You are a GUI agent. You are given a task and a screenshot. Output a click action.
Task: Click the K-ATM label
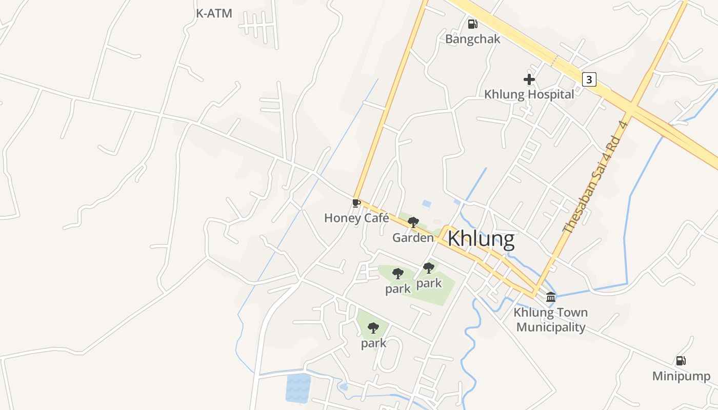214,14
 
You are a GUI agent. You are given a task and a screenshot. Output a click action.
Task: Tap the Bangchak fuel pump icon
472,24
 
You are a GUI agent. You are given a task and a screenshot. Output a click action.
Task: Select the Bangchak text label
472,39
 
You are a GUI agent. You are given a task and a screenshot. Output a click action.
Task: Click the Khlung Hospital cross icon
529,79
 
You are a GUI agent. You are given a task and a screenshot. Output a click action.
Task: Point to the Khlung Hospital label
529,94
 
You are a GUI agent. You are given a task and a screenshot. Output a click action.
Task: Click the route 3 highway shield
589,79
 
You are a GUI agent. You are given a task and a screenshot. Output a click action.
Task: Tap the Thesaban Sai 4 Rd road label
595,177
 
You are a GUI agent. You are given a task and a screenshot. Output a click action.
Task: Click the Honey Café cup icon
356,203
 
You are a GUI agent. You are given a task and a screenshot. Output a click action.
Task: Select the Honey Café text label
356,218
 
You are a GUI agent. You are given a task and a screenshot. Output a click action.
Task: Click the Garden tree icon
413,222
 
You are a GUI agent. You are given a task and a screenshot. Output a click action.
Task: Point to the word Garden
413,238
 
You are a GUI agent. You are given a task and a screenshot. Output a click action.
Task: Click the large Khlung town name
481,239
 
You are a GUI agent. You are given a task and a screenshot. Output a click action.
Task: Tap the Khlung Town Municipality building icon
551,297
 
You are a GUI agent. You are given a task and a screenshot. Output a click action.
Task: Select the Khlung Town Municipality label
551,320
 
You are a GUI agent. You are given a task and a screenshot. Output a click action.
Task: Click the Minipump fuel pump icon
681,361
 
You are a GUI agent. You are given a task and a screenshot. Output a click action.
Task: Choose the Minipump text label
681,376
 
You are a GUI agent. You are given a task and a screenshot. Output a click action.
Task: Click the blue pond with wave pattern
298,388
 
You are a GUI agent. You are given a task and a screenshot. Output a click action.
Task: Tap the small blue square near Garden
426,203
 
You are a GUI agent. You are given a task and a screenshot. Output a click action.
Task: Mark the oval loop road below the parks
388,354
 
